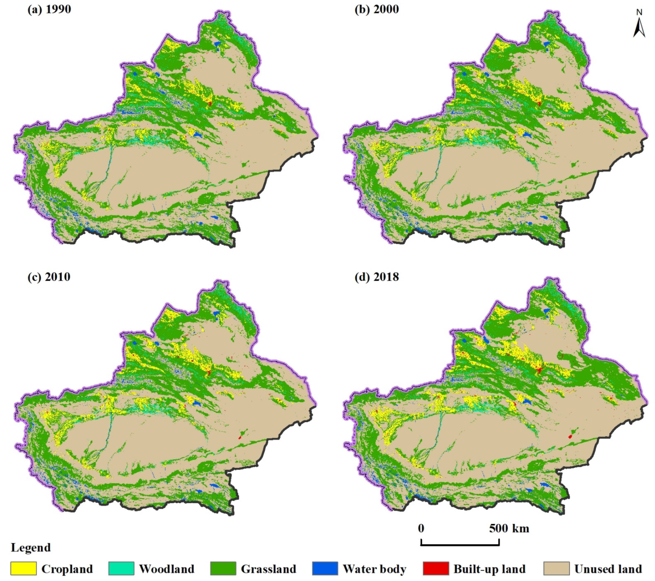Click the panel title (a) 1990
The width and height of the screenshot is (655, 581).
[49, 9]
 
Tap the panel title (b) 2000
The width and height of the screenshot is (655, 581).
[376, 9]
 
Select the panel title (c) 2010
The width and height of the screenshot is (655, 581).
[49, 276]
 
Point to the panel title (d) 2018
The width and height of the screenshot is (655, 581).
[376, 276]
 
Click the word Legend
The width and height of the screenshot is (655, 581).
[31, 547]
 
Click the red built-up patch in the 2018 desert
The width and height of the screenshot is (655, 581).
[570, 437]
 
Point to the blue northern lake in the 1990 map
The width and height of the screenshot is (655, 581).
[218, 44]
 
